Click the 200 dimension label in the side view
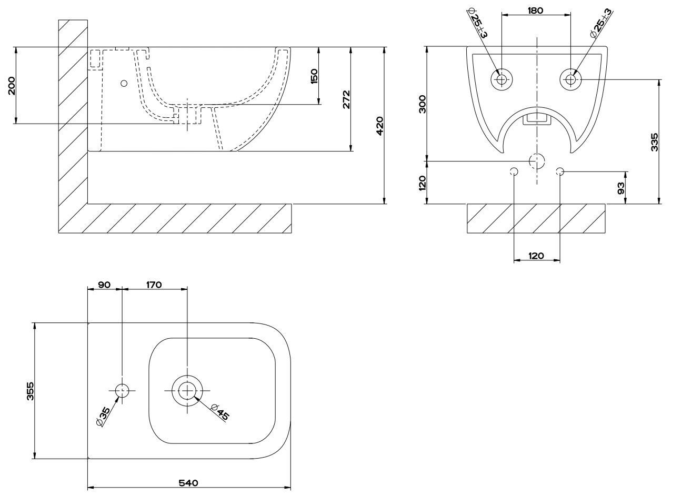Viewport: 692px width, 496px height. [x=12, y=85]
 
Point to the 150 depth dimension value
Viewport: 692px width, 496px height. [x=314, y=76]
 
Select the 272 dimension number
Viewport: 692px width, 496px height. [x=346, y=99]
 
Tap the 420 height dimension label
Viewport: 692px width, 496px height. [x=380, y=125]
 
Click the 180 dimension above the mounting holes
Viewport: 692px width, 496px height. [x=535, y=10]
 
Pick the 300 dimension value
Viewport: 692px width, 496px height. [x=423, y=104]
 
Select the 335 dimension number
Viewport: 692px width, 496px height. [x=654, y=142]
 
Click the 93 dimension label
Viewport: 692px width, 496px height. [x=621, y=187]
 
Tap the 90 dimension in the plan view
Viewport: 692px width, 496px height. [x=104, y=285]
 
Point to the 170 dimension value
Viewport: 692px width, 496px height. [x=154, y=285]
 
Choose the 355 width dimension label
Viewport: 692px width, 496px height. [x=30, y=391]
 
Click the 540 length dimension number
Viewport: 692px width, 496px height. [x=188, y=483]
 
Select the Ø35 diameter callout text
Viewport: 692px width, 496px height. [x=103, y=416]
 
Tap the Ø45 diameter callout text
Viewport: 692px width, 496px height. [x=220, y=411]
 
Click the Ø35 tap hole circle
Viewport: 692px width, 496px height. [x=122, y=390]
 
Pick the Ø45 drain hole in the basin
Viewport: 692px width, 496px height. [x=187, y=390]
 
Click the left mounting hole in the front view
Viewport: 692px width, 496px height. [x=501, y=79]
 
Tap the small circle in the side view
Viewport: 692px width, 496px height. [x=124, y=83]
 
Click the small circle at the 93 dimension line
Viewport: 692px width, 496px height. [x=560, y=171]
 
